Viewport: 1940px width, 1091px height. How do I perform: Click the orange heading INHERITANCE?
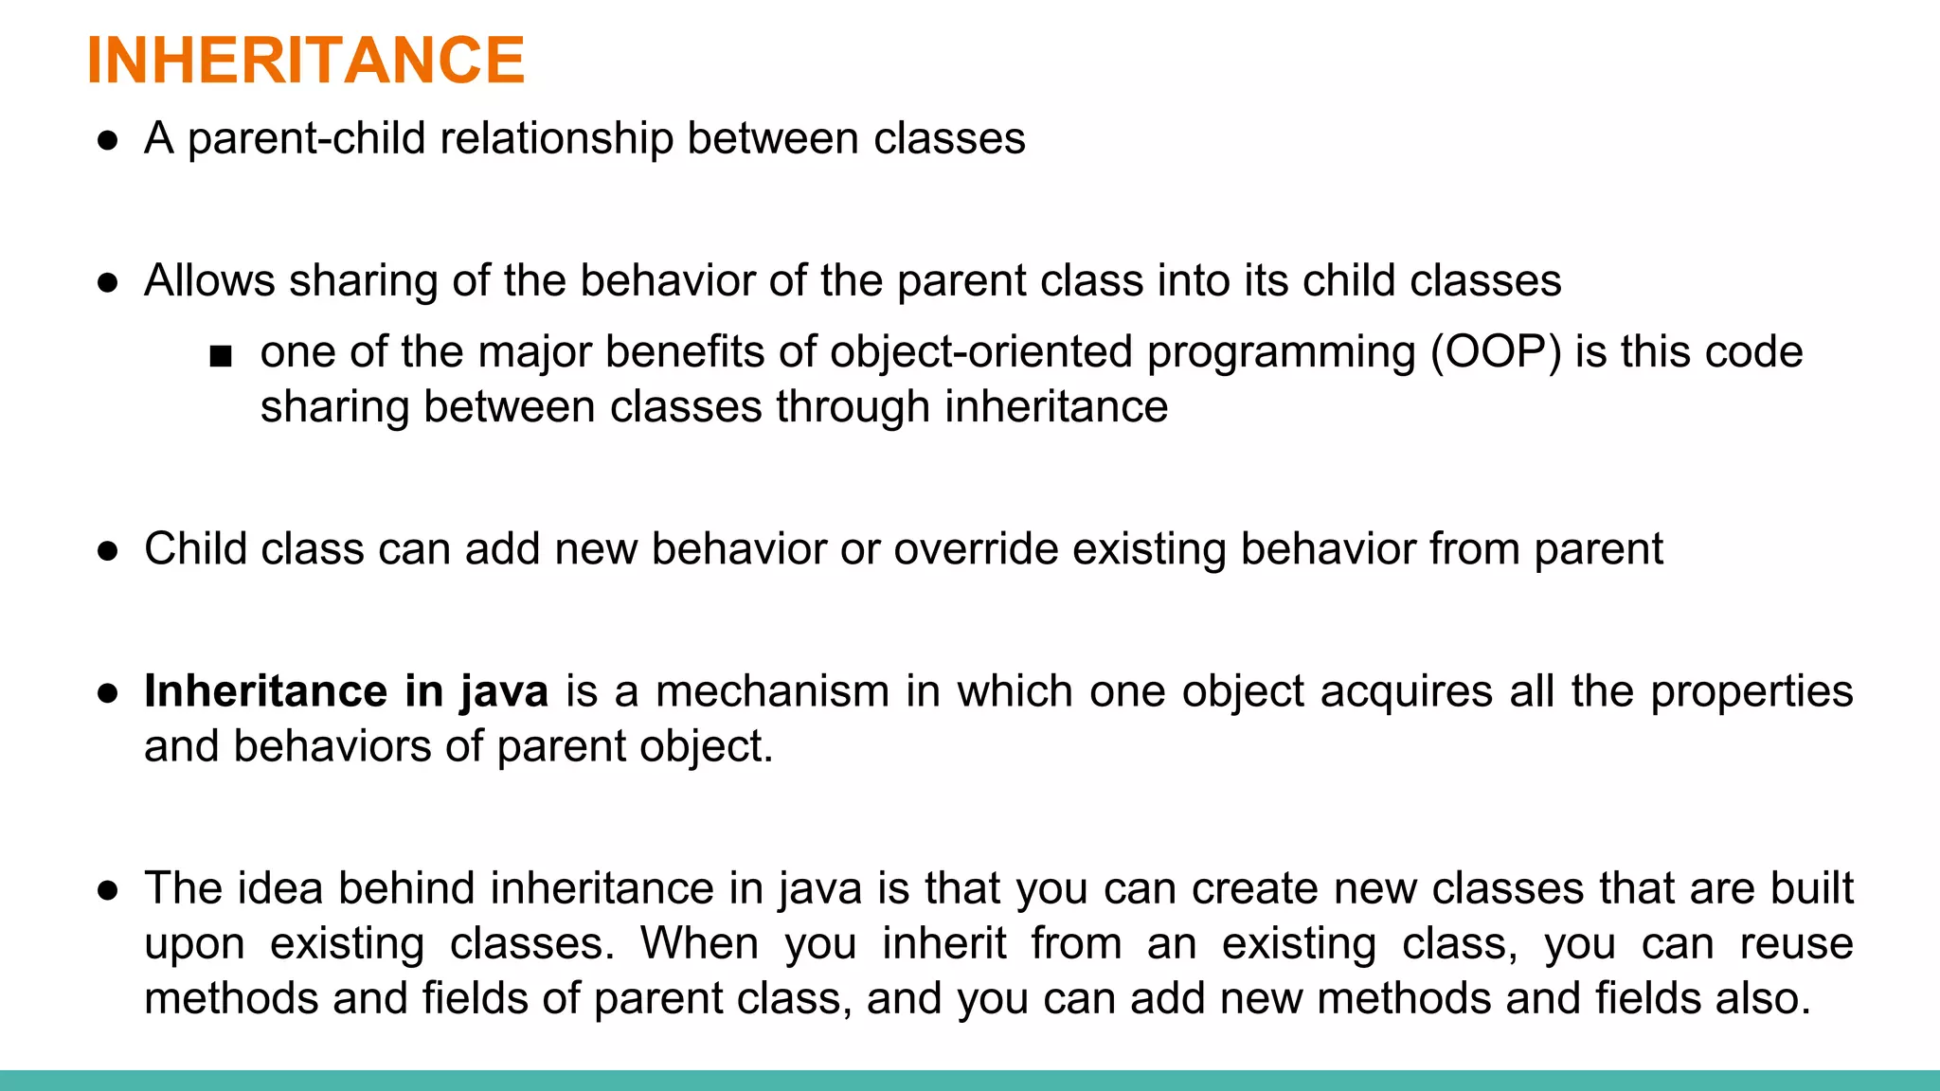click(305, 61)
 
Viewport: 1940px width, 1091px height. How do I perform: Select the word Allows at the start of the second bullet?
click(209, 281)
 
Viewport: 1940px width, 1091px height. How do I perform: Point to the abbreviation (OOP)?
click(1495, 352)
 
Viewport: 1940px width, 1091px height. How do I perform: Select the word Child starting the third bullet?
click(195, 549)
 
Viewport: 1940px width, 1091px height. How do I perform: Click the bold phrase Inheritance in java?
click(346, 691)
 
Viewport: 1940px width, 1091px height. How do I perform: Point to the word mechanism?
click(772, 691)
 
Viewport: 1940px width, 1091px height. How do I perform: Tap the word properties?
click(1751, 691)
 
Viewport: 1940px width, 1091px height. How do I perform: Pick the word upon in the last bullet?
click(194, 944)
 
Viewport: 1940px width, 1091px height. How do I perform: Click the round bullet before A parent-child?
click(108, 141)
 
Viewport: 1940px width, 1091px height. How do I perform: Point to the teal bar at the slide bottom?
click(970, 1081)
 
